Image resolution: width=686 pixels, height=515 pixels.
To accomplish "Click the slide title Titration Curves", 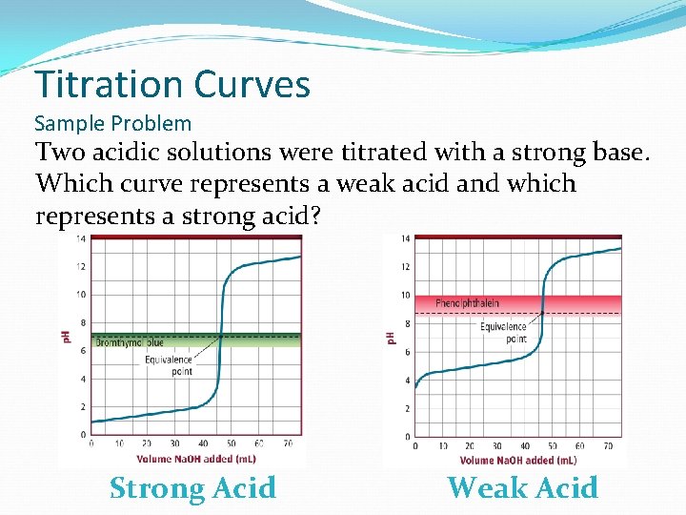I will tap(172, 84).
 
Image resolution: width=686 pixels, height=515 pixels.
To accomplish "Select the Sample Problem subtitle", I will tap(112, 123).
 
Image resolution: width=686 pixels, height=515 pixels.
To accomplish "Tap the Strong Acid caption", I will tap(192, 488).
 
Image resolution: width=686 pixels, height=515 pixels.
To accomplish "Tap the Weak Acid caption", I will tap(522, 488).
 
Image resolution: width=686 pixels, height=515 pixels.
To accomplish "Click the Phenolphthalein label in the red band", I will tap(467, 303).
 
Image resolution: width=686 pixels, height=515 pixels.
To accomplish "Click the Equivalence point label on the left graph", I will tap(169, 366).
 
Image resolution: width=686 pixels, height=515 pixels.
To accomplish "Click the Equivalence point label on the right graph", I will tap(503, 332).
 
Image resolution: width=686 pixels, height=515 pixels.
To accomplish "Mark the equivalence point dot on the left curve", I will tap(220, 336).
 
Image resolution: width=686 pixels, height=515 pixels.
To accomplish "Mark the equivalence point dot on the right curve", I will tap(542, 312).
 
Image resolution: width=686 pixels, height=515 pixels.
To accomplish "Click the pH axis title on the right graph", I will tap(391, 339).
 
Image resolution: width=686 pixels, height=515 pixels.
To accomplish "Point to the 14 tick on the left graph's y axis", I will tap(81, 238).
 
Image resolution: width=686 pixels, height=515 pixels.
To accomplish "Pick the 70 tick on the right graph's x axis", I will tap(608, 446).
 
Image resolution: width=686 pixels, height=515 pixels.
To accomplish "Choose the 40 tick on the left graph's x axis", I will tap(202, 443).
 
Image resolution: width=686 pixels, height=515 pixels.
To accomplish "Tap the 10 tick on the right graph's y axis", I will tap(405, 295).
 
